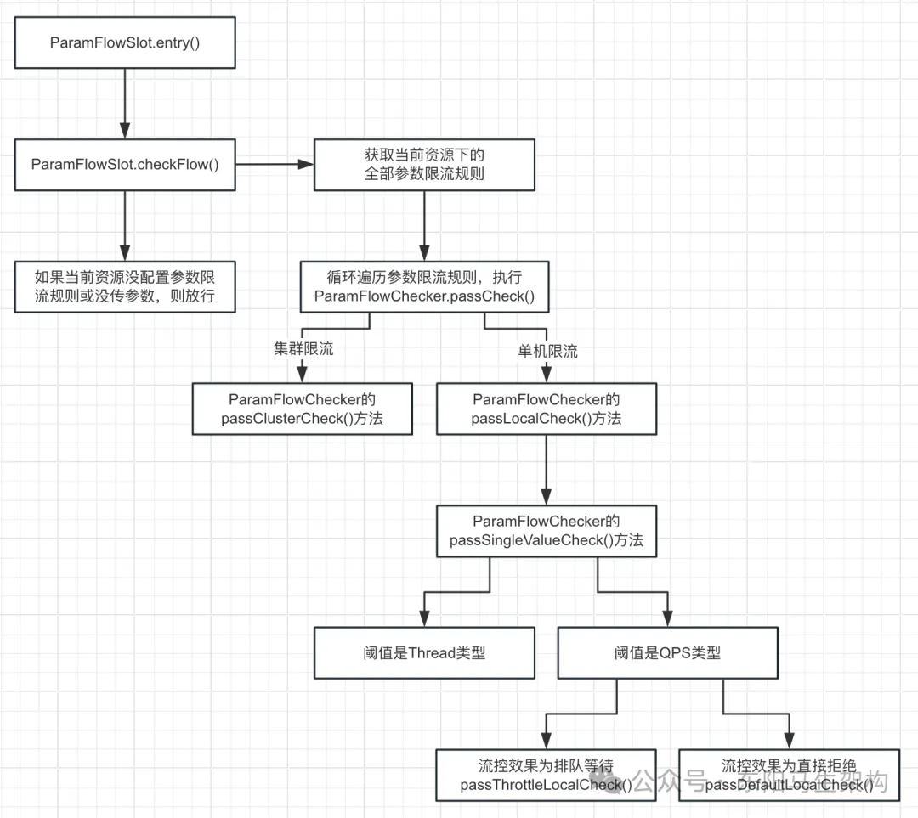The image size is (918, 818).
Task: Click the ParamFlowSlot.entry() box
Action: (125, 42)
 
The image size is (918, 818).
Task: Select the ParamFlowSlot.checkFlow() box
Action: (125, 165)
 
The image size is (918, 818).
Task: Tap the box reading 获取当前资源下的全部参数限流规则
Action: (424, 165)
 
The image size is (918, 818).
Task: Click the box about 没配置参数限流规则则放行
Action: (125, 286)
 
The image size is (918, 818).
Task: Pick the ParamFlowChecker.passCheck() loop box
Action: (424, 286)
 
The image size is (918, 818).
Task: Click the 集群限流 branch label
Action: (303, 350)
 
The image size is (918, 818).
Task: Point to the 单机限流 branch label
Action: (548, 350)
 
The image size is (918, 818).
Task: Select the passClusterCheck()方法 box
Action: (303, 409)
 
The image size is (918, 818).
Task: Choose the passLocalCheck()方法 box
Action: (547, 409)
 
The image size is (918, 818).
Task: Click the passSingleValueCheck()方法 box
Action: (547, 532)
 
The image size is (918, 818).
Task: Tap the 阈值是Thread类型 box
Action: (424, 653)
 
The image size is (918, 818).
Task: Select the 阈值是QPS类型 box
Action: (668, 653)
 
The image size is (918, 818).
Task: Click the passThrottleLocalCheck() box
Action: (547, 774)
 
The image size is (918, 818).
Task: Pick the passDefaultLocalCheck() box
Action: (790, 774)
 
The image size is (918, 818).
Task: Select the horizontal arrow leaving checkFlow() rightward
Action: (274, 165)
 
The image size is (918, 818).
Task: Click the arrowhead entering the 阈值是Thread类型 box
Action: (424, 622)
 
